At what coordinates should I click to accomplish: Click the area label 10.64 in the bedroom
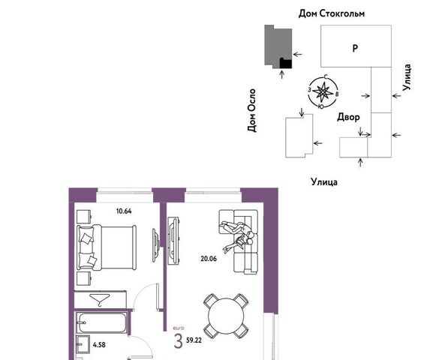click(124, 211)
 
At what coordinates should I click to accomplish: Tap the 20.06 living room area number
click(209, 259)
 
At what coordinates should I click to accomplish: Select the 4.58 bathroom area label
click(99, 345)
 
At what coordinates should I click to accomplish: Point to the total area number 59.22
click(194, 340)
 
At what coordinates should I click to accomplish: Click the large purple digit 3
click(178, 341)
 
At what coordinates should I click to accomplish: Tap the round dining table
click(226, 316)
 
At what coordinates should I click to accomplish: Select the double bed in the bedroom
click(107, 247)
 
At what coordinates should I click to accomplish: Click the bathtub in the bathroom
click(101, 322)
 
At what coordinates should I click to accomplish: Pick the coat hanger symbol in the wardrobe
click(100, 300)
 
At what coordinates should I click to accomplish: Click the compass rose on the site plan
click(323, 91)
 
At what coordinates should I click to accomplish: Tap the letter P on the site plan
click(355, 48)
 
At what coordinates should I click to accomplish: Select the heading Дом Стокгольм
click(332, 13)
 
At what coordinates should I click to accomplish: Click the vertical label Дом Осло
click(251, 110)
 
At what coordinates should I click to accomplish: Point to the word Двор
click(348, 117)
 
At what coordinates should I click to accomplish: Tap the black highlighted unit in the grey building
click(286, 63)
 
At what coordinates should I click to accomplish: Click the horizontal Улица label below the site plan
click(324, 182)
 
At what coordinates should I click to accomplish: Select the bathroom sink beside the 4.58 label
click(83, 344)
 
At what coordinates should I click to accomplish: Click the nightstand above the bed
click(84, 217)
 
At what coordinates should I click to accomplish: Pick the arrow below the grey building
click(282, 74)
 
